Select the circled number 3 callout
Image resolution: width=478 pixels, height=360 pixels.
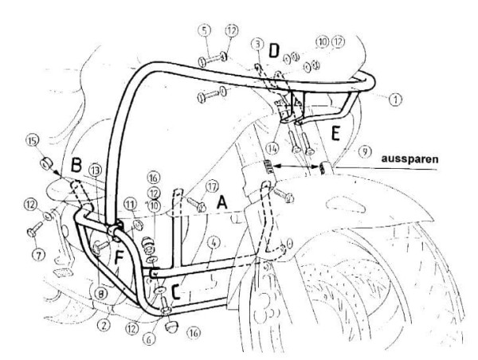257,41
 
